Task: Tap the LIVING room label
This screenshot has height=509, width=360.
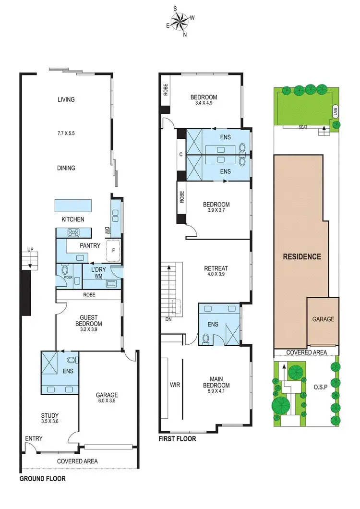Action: (66, 100)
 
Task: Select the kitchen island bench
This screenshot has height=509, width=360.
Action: (73, 206)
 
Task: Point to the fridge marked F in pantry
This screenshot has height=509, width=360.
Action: (113, 249)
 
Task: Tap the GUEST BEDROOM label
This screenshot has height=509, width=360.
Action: (88, 320)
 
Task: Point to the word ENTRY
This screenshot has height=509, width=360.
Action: (34, 438)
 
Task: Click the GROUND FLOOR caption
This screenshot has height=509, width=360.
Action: (42, 479)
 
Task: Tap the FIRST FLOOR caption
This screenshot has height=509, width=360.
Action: (177, 438)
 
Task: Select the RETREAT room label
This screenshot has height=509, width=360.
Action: (216, 268)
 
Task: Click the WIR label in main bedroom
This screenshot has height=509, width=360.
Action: (175, 385)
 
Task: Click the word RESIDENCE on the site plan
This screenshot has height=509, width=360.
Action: (301, 256)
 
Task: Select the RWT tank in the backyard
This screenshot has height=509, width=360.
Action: (335, 112)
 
